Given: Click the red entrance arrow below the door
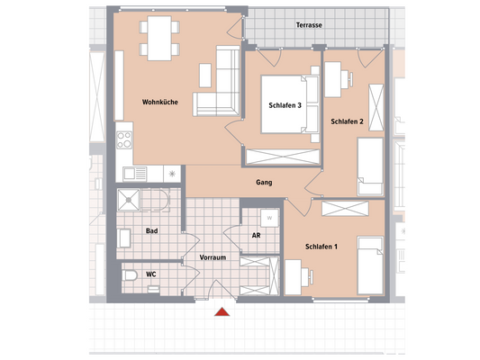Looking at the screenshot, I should pos(221,312).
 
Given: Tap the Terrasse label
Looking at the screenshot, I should pos(310,26).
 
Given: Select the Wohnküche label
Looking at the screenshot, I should pos(159,102).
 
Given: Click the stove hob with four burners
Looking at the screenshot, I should pos(128,140).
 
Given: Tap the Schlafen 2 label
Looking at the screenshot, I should pos(346,121).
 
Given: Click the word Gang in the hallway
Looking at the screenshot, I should pos(264,183).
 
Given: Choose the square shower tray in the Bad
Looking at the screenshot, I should pos(131,200).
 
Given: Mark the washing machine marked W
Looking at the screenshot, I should pos(268,218).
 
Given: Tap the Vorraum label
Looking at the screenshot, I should pos(212,258).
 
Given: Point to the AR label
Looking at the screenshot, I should pos(256,236).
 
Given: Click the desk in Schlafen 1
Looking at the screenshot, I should pos(294,274).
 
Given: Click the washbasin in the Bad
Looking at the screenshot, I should pos(124,238).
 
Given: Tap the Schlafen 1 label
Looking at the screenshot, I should pos(322,247).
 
